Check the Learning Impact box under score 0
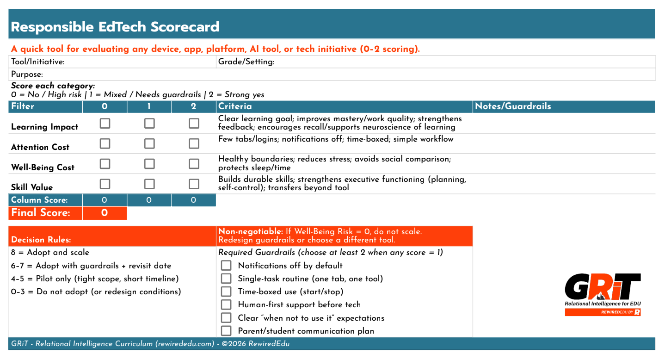click(105, 124)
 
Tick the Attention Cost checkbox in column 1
click(149, 143)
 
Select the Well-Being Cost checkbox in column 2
click(194, 164)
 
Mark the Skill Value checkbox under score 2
click(194, 184)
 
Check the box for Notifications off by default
click(226, 266)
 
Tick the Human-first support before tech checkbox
click(226, 304)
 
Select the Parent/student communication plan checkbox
click(226, 331)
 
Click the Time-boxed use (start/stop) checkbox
click(226, 292)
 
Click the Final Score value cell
click(105, 213)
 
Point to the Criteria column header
click(235, 106)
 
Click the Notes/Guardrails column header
click(513, 106)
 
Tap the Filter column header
click(23, 106)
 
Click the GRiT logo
click(603, 294)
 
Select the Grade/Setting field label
click(246, 62)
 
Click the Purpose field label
click(27, 74)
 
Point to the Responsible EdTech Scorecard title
click(115, 27)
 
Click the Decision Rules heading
click(41, 240)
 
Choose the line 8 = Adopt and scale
click(50, 253)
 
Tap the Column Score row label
click(39, 200)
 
